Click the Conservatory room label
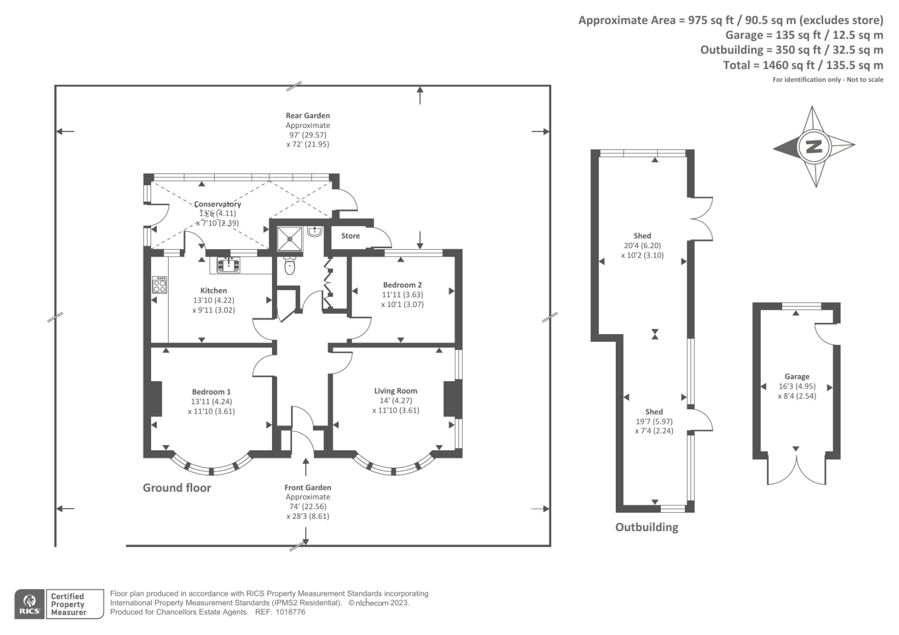coord(217,204)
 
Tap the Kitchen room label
coord(214,290)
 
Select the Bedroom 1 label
coord(211,392)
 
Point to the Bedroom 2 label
coord(402,285)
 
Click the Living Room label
coord(396,391)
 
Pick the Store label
coord(350,236)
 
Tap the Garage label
coord(797,377)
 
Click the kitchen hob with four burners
coord(160,285)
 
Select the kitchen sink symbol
coord(228,264)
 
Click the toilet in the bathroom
coord(289,266)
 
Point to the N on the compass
coord(814,147)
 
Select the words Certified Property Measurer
coord(68,605)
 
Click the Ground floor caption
coord(176,488)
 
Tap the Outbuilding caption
coord(646,527)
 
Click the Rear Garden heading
coord(307,116)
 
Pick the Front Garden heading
coord(307,487)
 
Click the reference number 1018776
coord(288,612)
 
